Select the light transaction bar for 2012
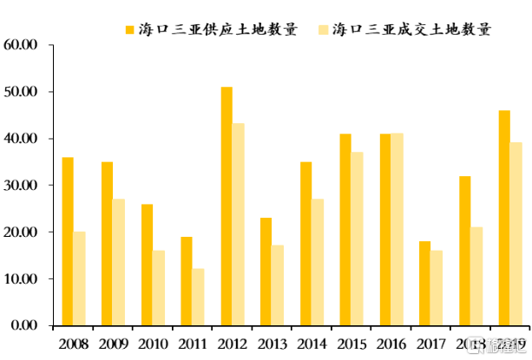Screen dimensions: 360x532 [239, 225]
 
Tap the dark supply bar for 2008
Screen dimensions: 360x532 [68, 241]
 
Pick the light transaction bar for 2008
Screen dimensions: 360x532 [80, 278]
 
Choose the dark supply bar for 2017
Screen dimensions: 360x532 [425, 284]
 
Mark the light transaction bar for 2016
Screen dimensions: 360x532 [397, 230]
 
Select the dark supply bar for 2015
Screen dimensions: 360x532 [345, 230]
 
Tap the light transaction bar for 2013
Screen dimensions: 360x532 [278, 285]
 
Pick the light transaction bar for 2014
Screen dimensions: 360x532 [318, 262]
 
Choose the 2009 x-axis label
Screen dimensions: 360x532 [113, 344]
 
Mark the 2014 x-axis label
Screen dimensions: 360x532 [312, 344]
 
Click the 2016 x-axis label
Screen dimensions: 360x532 [391, 344]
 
